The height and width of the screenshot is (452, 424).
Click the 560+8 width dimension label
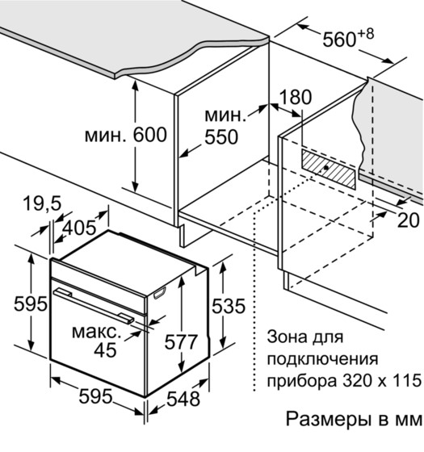pyautogui.click(x=348, y=38)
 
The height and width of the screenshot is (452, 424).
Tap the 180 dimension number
pyautogui.click(x=296, y=97)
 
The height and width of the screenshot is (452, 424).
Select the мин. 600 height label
pyautogui.click(x=126, y=135)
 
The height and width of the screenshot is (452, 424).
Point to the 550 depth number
pyautogui.click(x=221, y=136)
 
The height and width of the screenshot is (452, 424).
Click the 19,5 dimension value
pyautogui.click(x=42, y=203)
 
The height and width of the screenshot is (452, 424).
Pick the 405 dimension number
pyautogui.click(x=79, y=228)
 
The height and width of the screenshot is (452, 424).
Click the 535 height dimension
pyautogui.click(x=229, y=306)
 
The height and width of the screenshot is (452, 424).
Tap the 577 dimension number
pyautogui.click(x=181, y=342)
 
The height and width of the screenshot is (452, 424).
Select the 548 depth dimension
pyautogui.click(x=183, y=399)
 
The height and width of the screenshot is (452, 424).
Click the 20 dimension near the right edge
pyautogui.click(x=408, y=220)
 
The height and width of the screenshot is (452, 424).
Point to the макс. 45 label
pyautogui.click(x=97, y=341)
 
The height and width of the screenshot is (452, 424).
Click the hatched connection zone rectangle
pyautogui.click(x=329, y=169)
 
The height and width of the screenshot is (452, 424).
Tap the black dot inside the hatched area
pyautogui.click(x=326, y=167)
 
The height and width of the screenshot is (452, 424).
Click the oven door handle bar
pyautogui.click(x=94, y=305)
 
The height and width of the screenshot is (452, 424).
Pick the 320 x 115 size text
pyautogui.click(x=382, y=380)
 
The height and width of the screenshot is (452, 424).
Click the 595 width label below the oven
pyautogui.click(x=95, y=396)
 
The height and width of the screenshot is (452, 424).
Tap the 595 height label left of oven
pyautogui.click(x=31, y=303)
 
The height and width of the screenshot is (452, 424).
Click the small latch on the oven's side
pyautogui.click(x=160, y=293)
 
